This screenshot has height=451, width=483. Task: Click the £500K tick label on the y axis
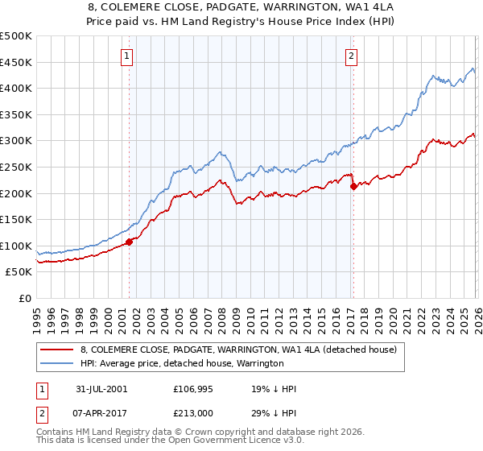tap(16, 36)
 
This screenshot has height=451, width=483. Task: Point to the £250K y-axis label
tap(16, 168)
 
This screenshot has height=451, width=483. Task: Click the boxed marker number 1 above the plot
tap(127, 56)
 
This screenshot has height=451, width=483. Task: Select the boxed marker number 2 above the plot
tap(352, 56)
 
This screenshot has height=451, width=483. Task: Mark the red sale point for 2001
tap(129, 242)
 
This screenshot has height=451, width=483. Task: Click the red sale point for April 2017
tap(353, 186)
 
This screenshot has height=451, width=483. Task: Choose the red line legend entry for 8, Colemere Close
tap(238, 350)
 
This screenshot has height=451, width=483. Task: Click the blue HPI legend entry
tap(182, 364)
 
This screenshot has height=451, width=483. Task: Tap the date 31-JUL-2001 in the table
tap(101, 389)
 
